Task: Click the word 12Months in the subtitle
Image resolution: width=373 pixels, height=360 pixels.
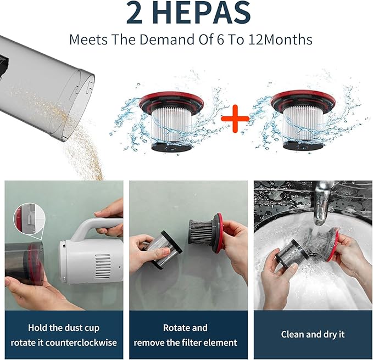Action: pyautogui.click(x=280, y=40)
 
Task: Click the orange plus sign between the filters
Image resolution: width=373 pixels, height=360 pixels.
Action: pyautogui.click(x=235, y=119)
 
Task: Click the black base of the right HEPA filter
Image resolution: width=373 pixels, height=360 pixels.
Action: pyautogui.click(x=303, y=145)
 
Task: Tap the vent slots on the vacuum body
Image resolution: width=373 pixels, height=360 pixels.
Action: pyautogui.click(x=103, y=267)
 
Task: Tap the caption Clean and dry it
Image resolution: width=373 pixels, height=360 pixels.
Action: pyautogui.click(x=313, y=334)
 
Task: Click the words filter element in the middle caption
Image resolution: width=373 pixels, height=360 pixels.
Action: pyautogui.click(x=209, y=342)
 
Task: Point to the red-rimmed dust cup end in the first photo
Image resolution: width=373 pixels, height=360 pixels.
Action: pyautogui.click(x=35, y=263)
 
